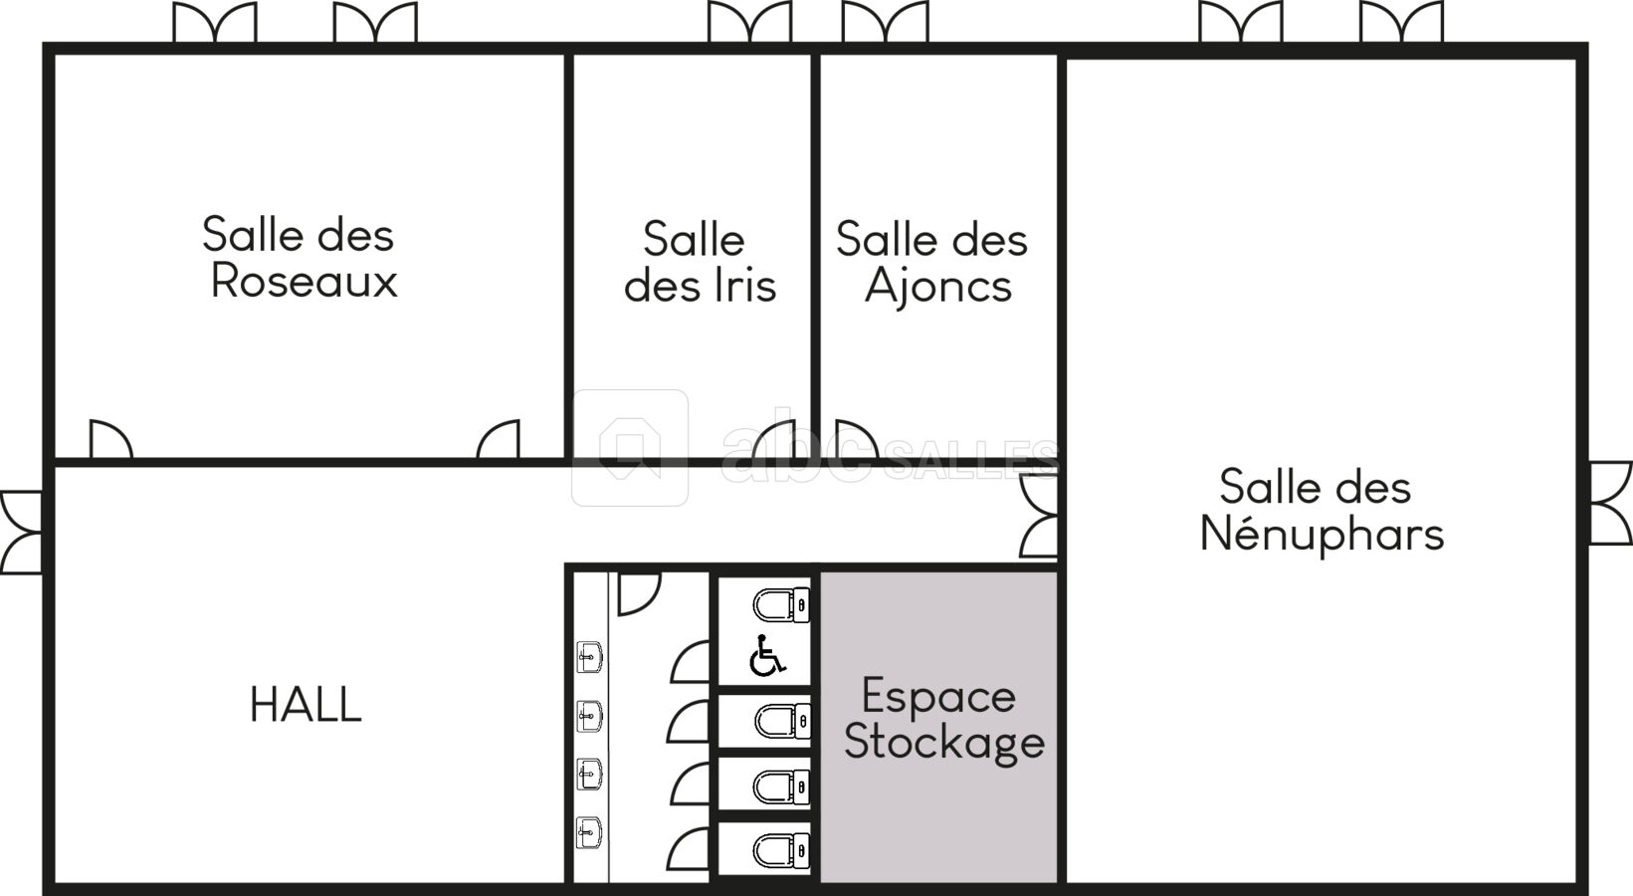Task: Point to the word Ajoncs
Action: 938,287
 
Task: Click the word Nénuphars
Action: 1322,534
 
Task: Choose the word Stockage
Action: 944,743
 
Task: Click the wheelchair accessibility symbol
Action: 767,655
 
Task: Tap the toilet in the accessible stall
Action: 781,605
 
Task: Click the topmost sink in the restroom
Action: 589,657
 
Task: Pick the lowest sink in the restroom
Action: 589,833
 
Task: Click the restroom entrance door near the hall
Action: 639,593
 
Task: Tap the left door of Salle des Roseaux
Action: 110,440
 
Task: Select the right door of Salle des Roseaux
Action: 499,440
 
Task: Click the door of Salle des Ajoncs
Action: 857,440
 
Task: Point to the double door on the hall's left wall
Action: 22,533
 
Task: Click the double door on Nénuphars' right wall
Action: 1610,503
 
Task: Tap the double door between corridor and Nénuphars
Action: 1039,516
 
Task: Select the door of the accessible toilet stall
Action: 690,662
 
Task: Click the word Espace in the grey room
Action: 938,696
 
